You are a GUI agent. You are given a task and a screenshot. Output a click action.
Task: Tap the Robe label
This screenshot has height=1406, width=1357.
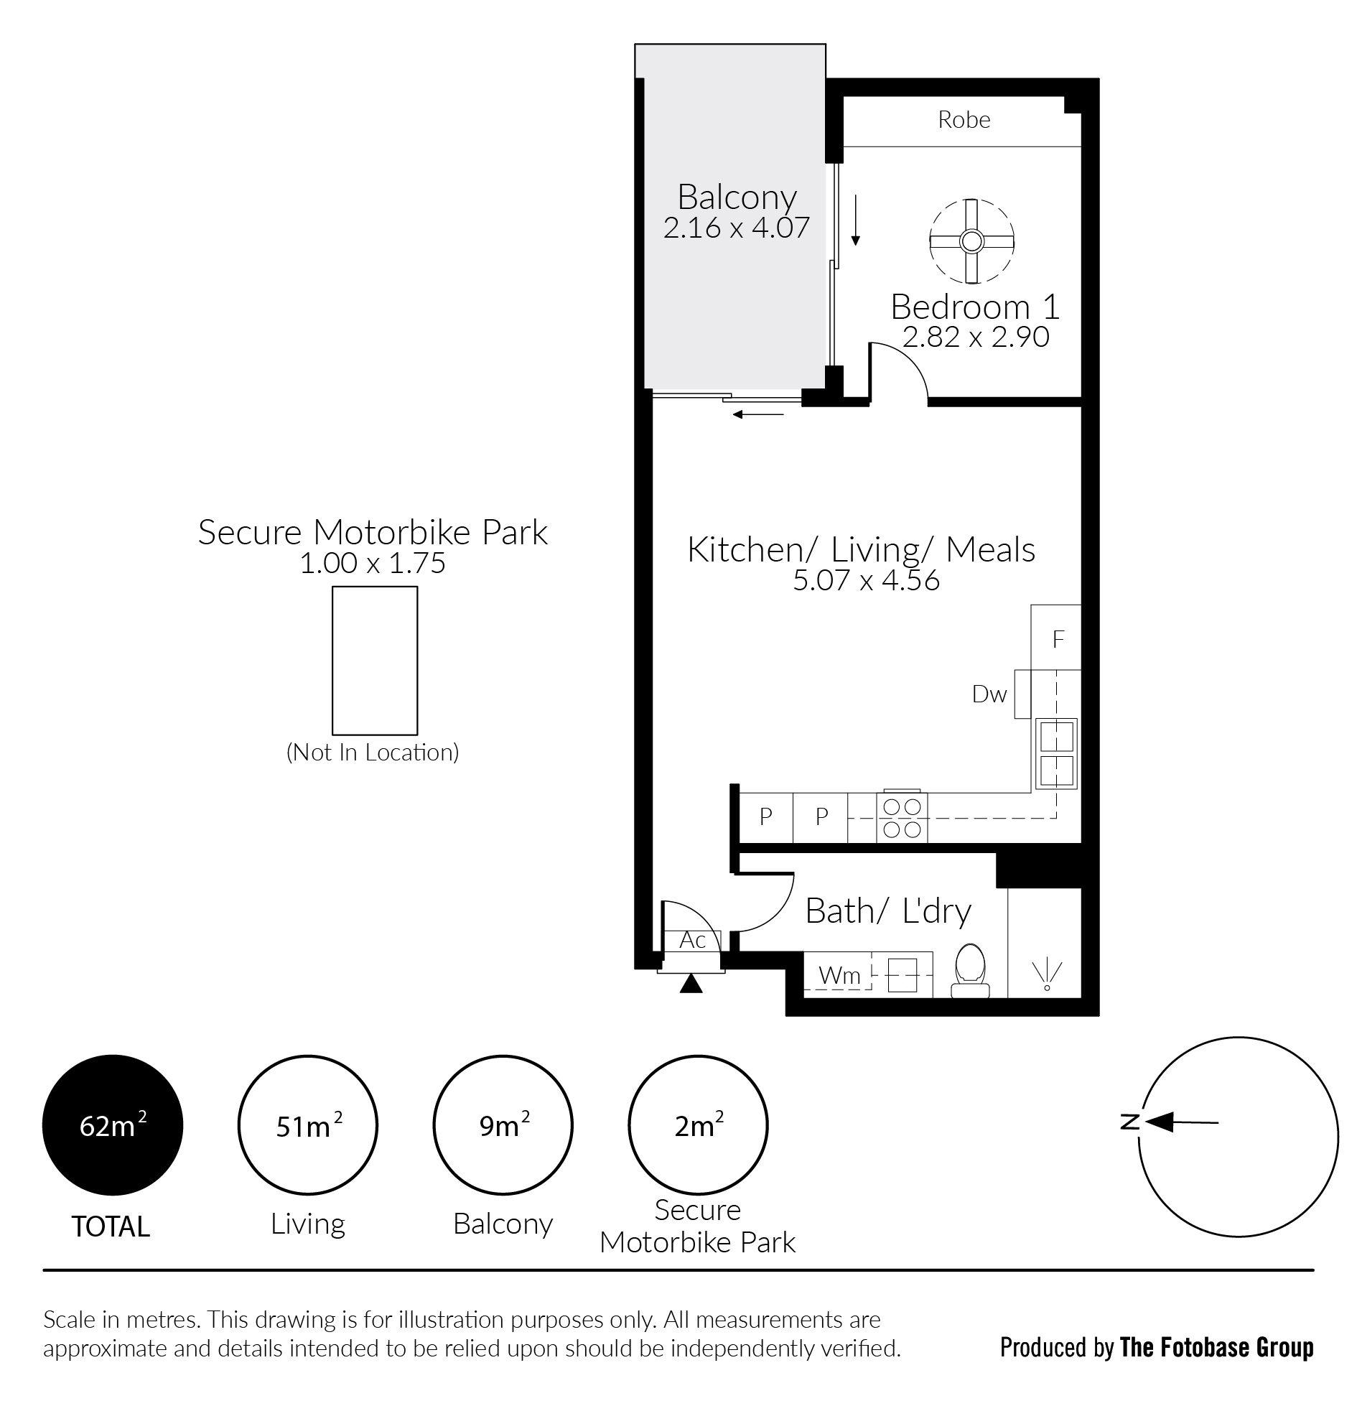tap(964, 119)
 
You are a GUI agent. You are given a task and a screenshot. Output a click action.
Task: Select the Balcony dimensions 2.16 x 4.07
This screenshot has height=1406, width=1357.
tap(737, 227)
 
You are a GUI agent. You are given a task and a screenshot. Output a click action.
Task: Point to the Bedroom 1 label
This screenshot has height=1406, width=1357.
tap(975, 307)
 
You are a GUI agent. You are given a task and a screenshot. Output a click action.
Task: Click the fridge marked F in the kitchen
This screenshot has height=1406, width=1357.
tap(1056, 638)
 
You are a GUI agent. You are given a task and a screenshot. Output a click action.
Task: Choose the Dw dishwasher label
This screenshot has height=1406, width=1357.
tap(989, 694)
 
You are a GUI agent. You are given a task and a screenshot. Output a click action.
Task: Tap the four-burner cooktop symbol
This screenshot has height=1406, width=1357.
tap(902, 818)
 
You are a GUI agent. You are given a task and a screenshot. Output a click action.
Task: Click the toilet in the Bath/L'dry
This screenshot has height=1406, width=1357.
tap(970, 970)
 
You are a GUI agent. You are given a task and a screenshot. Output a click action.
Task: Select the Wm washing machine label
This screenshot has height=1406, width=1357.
tap(839, 975)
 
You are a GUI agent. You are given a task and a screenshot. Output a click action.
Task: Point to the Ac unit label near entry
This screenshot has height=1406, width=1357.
tap(692, 940)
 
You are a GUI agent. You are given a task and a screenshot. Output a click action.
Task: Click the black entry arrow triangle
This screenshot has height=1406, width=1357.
tap(691, 984)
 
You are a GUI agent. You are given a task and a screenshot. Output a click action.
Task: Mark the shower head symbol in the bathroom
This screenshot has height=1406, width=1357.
tap(1046, 976)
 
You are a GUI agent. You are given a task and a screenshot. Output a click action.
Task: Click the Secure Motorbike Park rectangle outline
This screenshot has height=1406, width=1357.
tap(332, 660)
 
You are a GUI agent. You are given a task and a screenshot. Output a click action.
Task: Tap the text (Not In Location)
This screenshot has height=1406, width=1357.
tap(373, 753)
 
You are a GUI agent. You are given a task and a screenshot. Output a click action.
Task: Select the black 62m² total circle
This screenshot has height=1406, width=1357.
tap(113, 1125)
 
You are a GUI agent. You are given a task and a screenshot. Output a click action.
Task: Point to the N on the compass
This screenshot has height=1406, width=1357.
tap(1130, 1122)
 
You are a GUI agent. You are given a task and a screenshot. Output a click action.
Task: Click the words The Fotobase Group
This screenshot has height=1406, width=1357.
tap(1216, 1348)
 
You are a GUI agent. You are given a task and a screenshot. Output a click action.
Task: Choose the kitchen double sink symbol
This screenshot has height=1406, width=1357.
tap(1056, 753)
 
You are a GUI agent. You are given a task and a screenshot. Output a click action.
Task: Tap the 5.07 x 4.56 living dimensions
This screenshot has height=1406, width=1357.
tap(866, 580)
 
